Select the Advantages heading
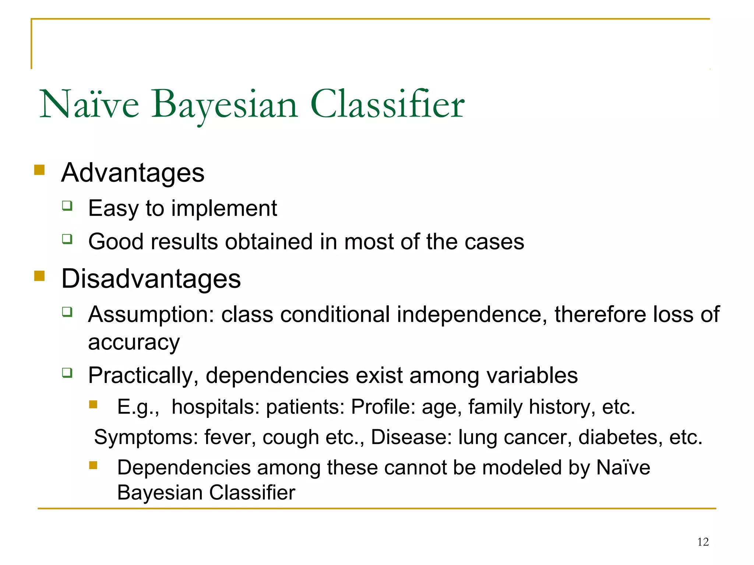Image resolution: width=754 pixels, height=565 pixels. pos(133,173)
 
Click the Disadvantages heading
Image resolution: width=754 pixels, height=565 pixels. pos(151,278)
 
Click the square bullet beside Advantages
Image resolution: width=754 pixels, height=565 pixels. pos(39,170)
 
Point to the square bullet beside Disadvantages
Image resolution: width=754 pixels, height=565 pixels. pos(39,276)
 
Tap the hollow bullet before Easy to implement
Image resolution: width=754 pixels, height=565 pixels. pos(67,206)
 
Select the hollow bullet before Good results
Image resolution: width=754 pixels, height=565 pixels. pos(67,239)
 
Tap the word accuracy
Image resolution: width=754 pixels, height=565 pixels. pos(134,342)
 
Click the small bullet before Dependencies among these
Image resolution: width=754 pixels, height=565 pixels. pos(93,466)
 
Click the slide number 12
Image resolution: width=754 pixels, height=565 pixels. pos(703,542)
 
